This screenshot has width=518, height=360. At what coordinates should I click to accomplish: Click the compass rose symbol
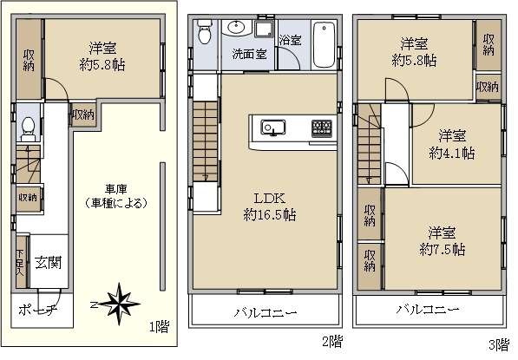point(119,304)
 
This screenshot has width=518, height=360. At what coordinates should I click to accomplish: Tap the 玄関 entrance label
point(49,263)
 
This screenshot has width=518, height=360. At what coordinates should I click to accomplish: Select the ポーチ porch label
point(38,311)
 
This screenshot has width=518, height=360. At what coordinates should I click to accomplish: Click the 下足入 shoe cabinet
point(21,262)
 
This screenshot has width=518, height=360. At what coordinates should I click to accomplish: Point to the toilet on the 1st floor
point(28,128)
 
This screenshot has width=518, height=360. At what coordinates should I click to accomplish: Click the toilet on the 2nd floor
point(205,32)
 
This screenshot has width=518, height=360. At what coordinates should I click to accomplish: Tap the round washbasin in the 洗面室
point(237,28)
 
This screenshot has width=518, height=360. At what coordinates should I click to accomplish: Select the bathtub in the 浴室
point(325,44)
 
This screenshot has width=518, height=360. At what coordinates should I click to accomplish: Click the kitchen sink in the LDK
point(273,128)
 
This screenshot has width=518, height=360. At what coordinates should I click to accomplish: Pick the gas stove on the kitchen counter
point(321,128)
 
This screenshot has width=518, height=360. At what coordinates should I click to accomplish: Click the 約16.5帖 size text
point(270,215)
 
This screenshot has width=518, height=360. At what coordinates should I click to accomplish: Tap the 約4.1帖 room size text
point(452,153)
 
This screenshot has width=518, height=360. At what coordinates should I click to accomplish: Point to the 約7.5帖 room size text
point(443,249)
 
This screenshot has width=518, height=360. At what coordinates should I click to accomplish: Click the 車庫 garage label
point(116,189)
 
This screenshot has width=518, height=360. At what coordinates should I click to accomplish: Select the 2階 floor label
point(332,342)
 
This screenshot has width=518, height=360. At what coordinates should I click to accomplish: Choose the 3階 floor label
point(499,344)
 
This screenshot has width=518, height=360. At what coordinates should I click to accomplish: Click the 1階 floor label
point(160,327)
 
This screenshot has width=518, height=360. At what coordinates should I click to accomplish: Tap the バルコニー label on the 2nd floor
point(266,312)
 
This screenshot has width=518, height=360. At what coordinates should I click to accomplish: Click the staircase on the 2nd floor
point(205,141)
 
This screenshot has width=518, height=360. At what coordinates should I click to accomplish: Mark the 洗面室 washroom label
point(249,54)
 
